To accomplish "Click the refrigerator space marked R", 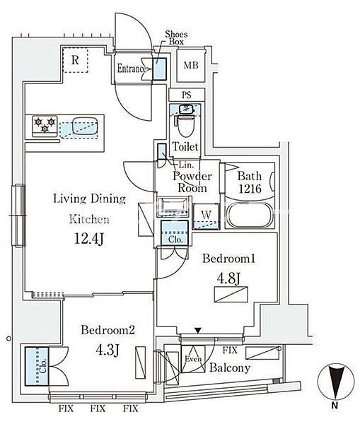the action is (75, 60).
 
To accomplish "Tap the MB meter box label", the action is (191, 65).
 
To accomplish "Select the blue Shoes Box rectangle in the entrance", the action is (159, 69).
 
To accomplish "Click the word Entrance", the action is (132, 69).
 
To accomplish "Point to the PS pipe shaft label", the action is (187, 95).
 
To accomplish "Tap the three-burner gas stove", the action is (45, 126).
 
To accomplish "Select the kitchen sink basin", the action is (85, 126).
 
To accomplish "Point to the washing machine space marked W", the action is (206, 216).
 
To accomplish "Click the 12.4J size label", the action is (89, 239).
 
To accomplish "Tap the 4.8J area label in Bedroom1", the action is (228, 278).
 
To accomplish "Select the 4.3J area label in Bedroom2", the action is (108, 350).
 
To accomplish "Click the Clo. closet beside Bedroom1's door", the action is (175, 232).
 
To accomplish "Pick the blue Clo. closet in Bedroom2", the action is (37, 366).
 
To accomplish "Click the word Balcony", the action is (230, 367).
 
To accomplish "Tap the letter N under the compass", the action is (335, 406).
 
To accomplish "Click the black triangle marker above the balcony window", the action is (199, 331).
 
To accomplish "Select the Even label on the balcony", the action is (193, 359).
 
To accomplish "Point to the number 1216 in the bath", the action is (250, 189).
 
